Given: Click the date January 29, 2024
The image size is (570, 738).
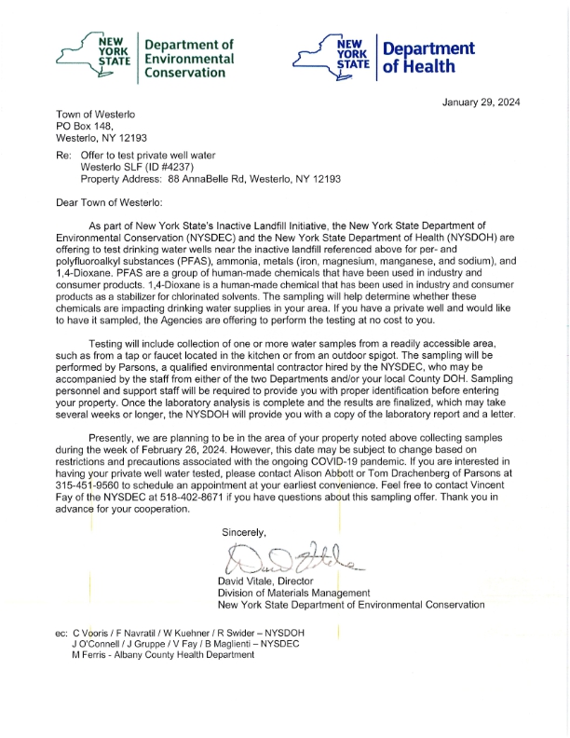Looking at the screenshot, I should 481,102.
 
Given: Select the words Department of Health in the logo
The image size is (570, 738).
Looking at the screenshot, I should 428,57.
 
